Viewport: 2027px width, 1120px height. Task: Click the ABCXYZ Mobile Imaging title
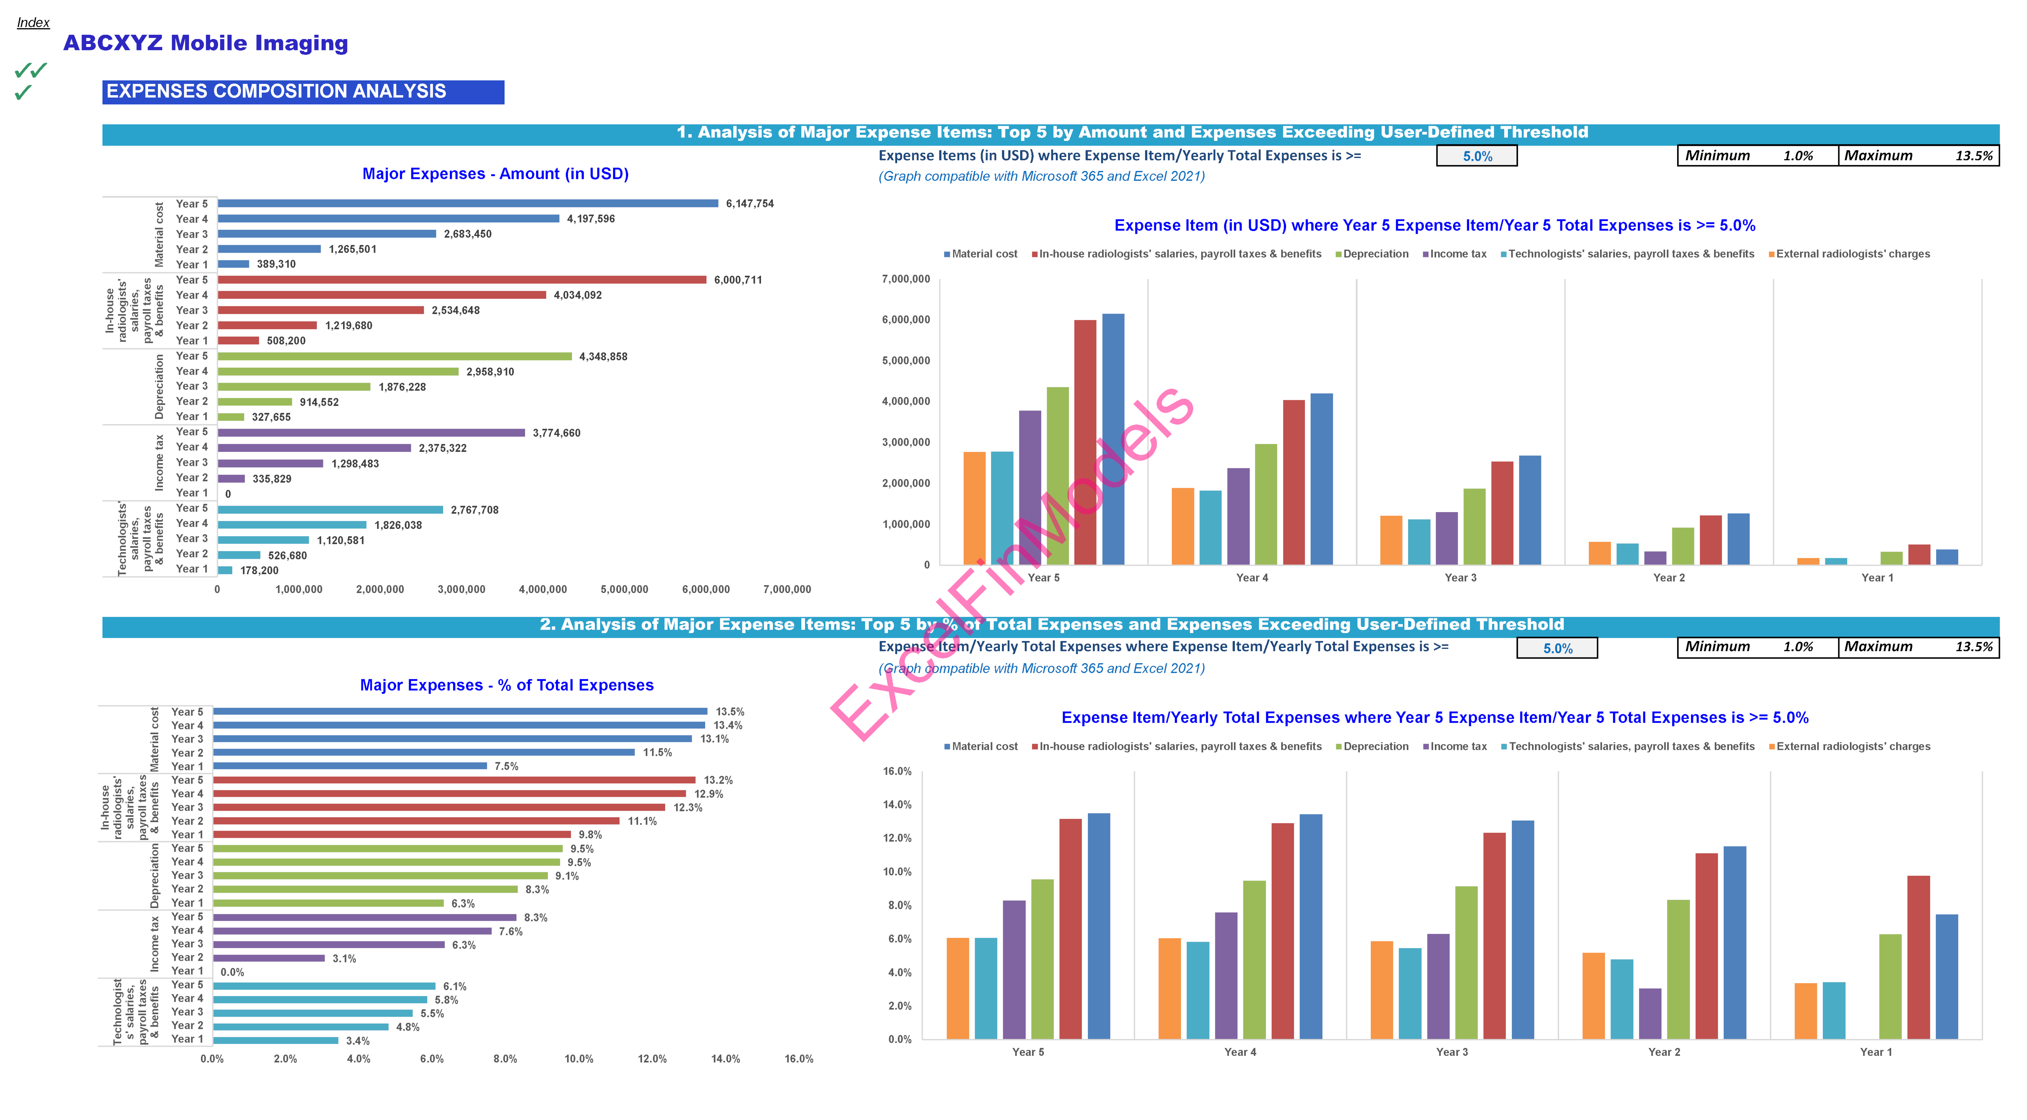pos(206,43)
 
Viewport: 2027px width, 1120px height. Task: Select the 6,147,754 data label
pos(749,204)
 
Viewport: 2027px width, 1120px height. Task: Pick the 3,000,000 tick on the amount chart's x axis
pos(461,589)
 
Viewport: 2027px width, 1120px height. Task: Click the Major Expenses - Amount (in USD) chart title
pos(495,174)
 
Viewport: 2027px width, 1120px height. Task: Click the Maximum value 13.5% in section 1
pos(1974,156)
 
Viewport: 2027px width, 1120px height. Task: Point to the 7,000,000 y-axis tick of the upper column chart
pos(906,279)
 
